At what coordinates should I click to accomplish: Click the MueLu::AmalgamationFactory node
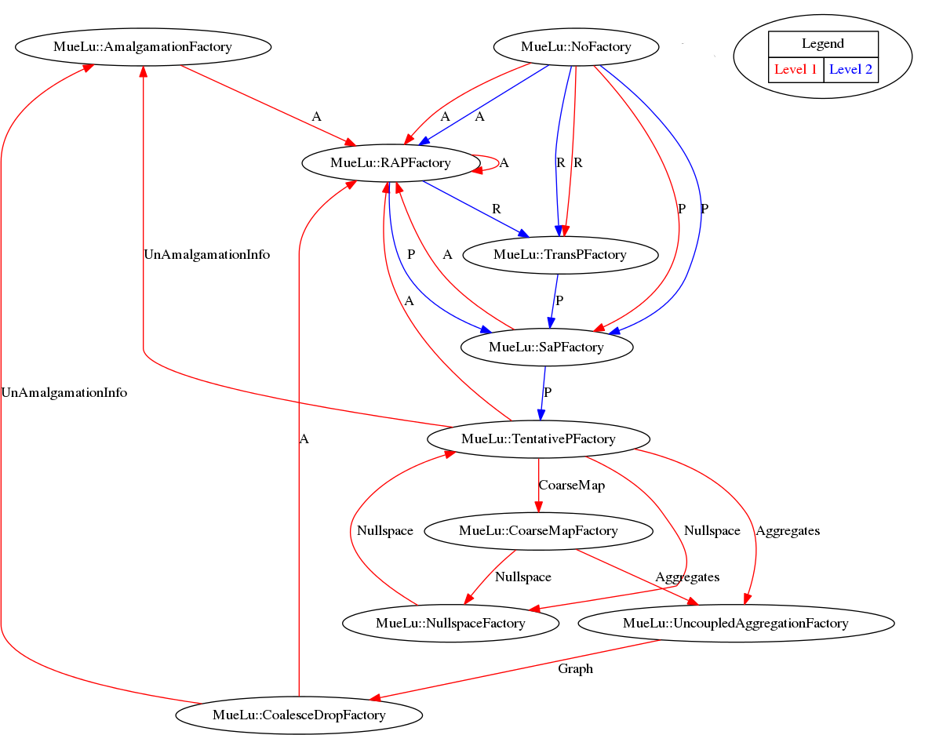tap(143, 47)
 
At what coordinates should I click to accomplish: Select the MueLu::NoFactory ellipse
tap(576, 47)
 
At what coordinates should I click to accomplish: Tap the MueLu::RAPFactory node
tap(391, 163)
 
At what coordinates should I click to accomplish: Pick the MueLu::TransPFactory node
tap(560, 255)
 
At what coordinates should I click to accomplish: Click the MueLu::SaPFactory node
tap(546, 347)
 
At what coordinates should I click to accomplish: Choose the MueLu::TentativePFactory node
tap(538, 438)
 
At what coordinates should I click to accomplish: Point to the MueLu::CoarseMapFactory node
tap(538, 531)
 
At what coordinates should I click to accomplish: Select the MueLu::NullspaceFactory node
tap(450, 624)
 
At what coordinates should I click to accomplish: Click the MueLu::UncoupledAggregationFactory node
tap(736, 624)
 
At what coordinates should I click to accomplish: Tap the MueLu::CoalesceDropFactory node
tap(299, 715)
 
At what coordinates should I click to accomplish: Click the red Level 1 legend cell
tap(795, 70)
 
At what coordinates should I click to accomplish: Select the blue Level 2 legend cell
tap(850, 70)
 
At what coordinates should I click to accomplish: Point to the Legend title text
tap(823, 44)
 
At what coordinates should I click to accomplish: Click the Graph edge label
tap(575, 669)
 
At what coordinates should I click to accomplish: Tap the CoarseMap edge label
tap(571, 486)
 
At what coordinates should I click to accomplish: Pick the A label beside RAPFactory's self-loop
tap(504, 163)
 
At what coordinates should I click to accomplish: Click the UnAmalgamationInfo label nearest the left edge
tap(64, 393)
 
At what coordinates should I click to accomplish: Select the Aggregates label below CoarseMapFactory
tap(687, 577)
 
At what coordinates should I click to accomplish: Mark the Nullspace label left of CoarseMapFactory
tap(384, 531)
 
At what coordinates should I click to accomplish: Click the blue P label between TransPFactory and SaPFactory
tap(559, 300)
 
